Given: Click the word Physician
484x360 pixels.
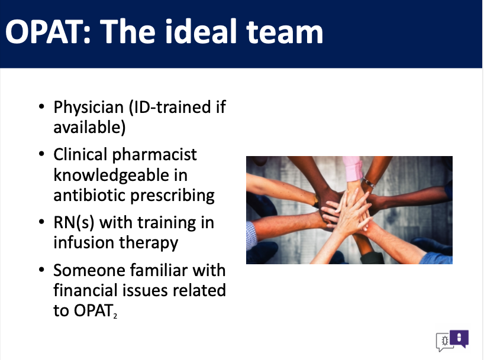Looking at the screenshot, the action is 89,108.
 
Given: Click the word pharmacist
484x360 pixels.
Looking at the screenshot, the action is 154,155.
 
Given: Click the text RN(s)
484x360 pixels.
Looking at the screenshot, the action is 74,223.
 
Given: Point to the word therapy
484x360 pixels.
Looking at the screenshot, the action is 149,244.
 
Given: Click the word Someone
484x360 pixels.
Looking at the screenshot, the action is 89,271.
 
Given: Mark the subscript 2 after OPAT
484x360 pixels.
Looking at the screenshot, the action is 115,316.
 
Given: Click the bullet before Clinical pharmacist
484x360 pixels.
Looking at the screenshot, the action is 41,154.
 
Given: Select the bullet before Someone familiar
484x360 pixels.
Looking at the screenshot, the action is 41,270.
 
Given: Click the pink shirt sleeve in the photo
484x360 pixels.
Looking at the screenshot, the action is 353,168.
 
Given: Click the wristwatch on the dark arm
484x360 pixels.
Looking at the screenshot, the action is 369,183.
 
